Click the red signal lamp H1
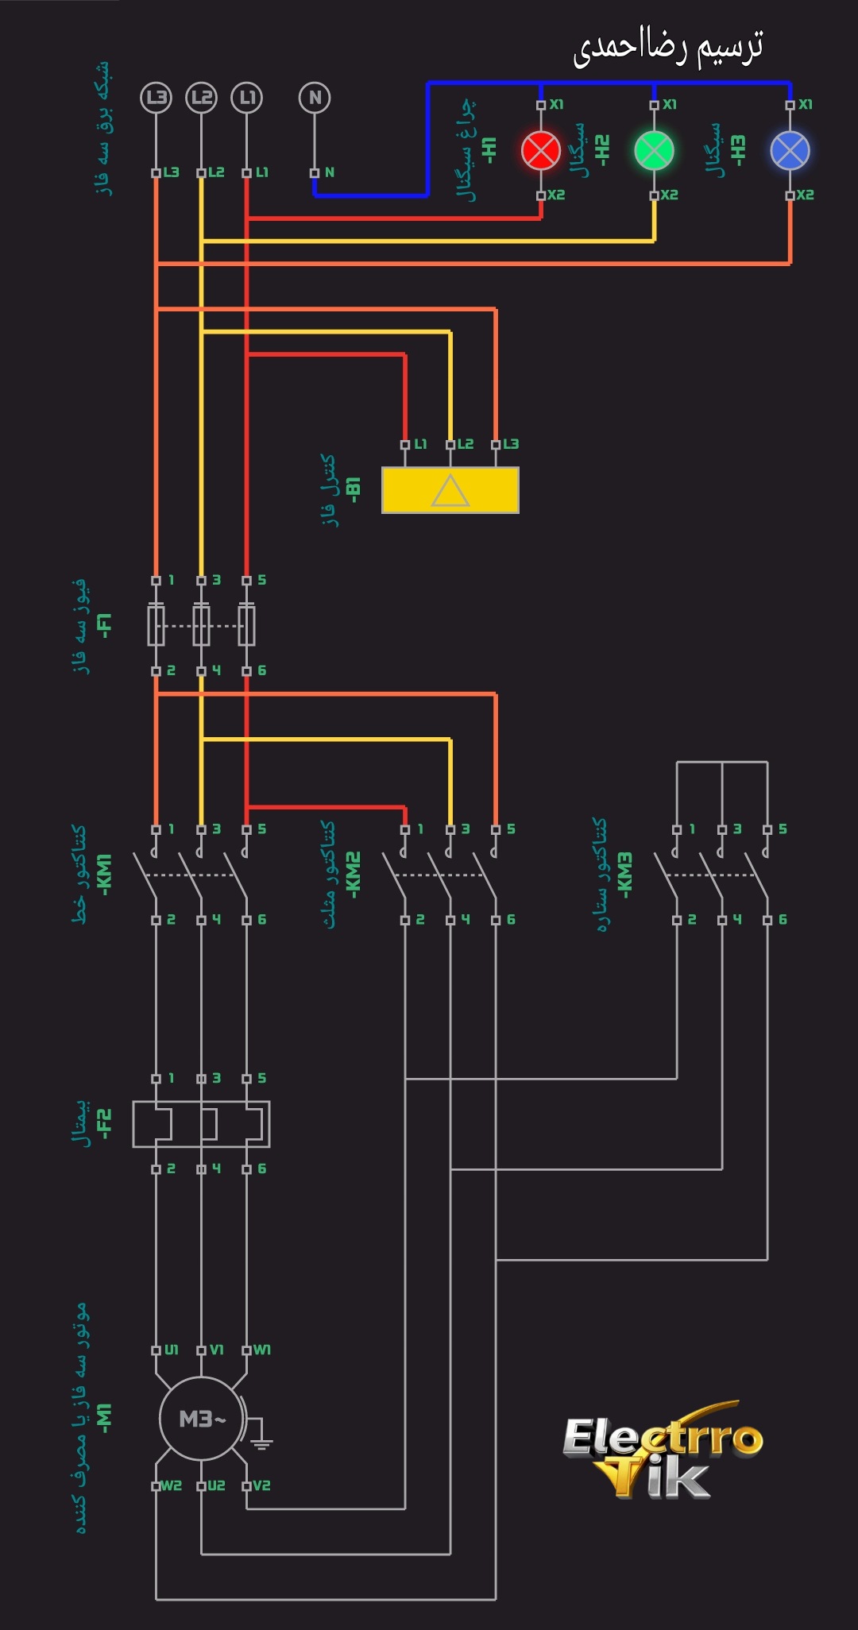pyautogui.click(x=541, y=150)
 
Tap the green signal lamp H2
pyautogui.click(x=654, y=150)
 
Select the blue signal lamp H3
pyautogui.click(x=790, y=150)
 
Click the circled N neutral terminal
pyautogui.click(x=315, y=98)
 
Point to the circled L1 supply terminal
pyautogui.click(x=246, y=98)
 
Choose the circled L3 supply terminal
pyautogui.click(x=156, y=98)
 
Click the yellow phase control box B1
pyautogui.click(x=450, y=490)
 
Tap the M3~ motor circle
pyautogui.click(x=201, y=1419)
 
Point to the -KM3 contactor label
pyautogui.click(x=625, y=875)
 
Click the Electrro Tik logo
pyautogui.click(x=661, y=1450)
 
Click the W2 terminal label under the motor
pyautogui.click(x=172, y=1485)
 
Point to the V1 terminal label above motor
pyautogui.click(x=216, y=1350)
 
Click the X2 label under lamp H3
pyautogui.click(x=805, y=195)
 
